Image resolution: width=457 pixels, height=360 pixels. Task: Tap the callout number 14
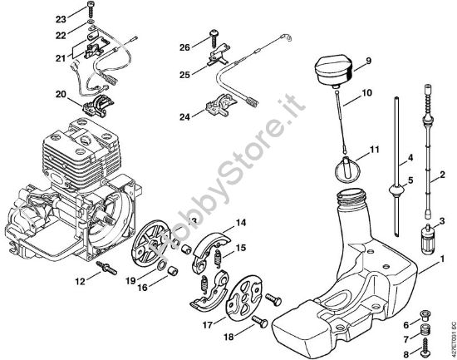[x=239, y=222]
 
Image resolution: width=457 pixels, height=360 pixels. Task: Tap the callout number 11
[x=374, y=149]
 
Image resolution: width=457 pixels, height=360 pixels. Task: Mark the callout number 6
[x=406, y=323]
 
